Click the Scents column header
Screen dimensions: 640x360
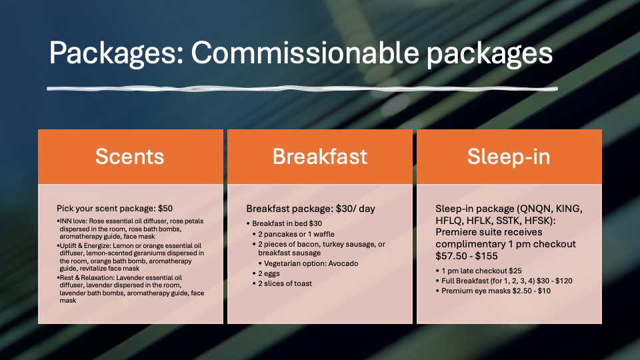pos(130,156)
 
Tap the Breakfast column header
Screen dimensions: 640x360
pos(320,156)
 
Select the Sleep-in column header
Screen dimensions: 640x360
pos(509,157)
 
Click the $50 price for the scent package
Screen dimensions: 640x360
pos(165,208)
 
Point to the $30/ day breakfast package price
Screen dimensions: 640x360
pos(355,209)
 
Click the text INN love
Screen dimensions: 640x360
pos(73,221)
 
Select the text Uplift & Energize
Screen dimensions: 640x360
pos(85,246)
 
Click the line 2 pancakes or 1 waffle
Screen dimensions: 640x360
pos(296,234)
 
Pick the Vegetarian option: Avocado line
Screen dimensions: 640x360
pos(311,264)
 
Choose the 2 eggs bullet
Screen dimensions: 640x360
pos(269,273)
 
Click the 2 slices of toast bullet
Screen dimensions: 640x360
pos(285,283)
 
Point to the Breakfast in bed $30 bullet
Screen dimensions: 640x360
pos(287,224)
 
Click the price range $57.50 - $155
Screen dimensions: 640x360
pos(467,256)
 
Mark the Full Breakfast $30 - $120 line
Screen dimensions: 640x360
pos(507,281)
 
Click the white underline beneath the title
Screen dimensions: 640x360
pos(302,88)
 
